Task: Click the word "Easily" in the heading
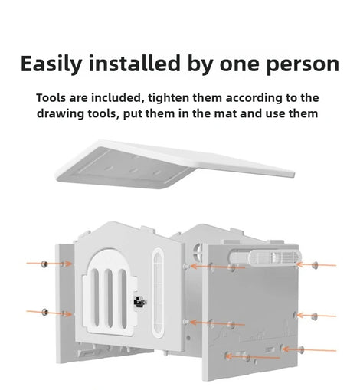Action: (51, 64)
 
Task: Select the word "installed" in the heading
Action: (135, 63)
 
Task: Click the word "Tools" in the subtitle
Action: (51, 98)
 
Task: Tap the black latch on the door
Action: (140, 302)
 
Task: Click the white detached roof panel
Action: (175, 163)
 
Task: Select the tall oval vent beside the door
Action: (158, 293)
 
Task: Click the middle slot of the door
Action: (110, 298)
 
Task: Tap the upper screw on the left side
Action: (44, 264)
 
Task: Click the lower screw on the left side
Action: (44, 312)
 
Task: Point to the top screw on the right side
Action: (316, 265)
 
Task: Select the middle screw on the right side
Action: (315, 316)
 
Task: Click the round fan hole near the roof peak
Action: (198, 251)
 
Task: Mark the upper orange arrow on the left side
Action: (49, 264)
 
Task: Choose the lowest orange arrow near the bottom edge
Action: (252, 357)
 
